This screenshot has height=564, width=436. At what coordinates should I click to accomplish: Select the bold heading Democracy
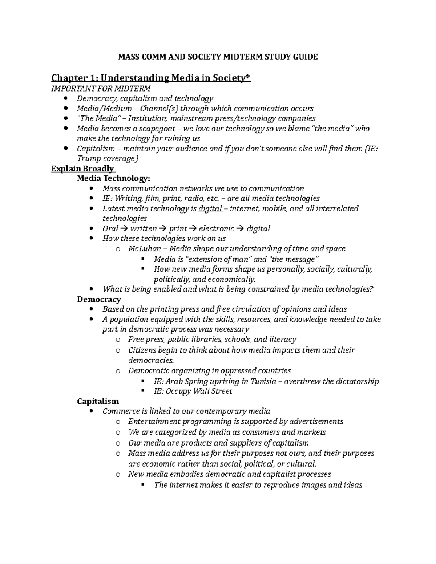point(99,299)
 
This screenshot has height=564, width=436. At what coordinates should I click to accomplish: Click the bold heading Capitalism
point(98,401)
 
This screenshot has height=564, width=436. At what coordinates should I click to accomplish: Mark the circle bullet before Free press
point(117,340)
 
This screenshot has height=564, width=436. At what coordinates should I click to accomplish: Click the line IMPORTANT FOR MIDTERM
point(101,88)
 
